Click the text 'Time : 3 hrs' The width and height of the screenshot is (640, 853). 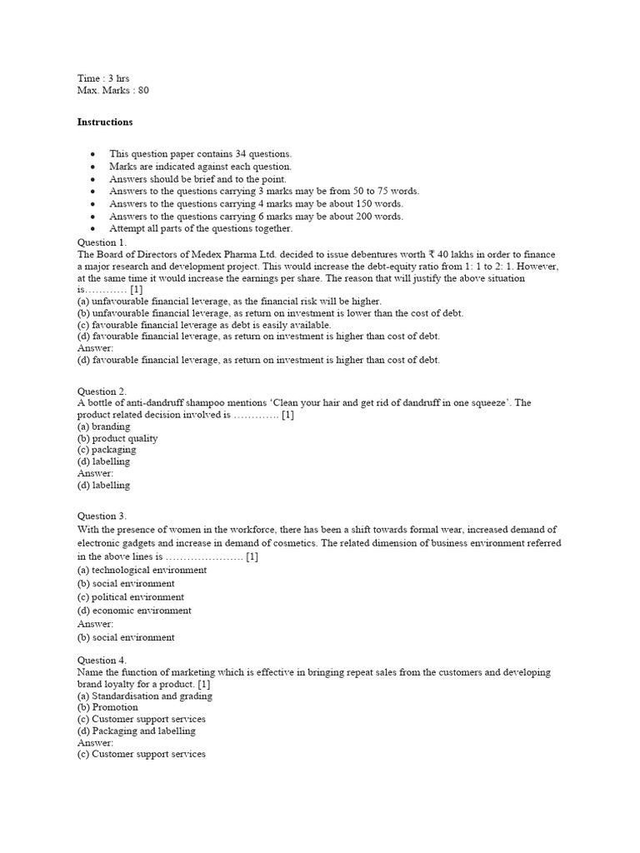point(103,78)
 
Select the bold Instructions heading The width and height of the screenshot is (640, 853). point(105,122)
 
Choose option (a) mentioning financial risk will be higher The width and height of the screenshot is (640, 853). point(229,301)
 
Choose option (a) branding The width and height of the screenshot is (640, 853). point(104,426)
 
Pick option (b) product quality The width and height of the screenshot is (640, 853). point(117,438)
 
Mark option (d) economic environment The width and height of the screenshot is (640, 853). point(134,611)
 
